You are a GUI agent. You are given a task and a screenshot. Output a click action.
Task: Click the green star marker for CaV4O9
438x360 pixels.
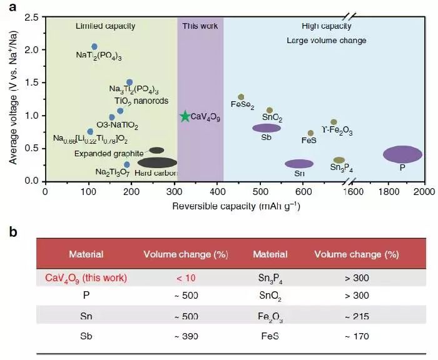pyautogui.click(x=185, y=116)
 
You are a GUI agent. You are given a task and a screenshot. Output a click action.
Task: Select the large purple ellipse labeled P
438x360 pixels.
pyautogui.click(x=402, y=154)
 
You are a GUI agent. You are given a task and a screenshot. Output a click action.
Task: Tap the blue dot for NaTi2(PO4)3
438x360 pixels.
pyautogui.click(x=94, y=47)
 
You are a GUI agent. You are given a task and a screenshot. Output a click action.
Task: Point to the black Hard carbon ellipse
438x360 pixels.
pyautogui.click(x=157, y=162)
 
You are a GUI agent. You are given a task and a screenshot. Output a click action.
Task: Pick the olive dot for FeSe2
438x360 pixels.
pyautogui.click(x=241, y=97)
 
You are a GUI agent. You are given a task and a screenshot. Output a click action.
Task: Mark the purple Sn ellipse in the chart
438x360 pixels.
pyautogui.click(x=299, y=164)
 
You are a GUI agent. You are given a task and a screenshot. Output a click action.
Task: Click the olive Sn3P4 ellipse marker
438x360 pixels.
pyautogui.click(x=339, y=160)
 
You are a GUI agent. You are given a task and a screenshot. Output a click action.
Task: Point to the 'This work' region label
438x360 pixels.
pyautogui.click(x=200, y=26)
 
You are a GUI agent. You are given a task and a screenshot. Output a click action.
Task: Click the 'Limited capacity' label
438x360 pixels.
pyautogui.click(x=105, y=26)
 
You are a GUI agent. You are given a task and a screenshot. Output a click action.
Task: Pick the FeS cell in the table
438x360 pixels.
pyautogui.click(x=270, y=336)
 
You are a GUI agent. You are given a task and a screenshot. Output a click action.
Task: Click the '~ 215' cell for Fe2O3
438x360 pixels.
pyautogui.click(x=356, y=317)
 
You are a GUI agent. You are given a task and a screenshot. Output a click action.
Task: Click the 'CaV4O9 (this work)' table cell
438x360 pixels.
pyautogui.click(x=86, y=277)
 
